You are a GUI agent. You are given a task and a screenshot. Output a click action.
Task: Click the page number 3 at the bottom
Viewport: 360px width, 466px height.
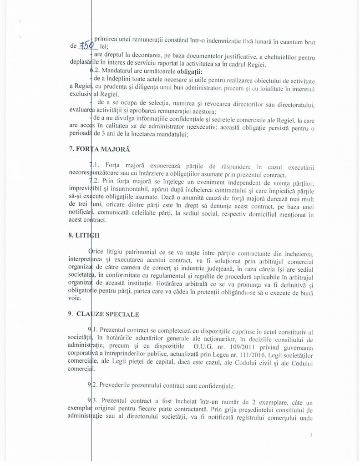pos(311,435)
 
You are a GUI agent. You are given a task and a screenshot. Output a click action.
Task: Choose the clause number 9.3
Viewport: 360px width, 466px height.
pos(92,400)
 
